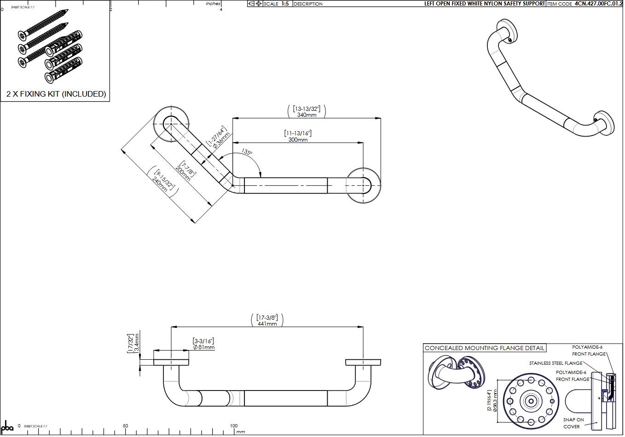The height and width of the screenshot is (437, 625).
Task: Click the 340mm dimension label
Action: click(x=307, y=115)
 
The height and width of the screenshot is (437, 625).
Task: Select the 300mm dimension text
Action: click(x=298, y=139)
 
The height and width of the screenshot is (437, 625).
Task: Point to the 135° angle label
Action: click(x=247, y=152)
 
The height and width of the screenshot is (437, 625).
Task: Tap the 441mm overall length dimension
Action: click(x=267, y=323)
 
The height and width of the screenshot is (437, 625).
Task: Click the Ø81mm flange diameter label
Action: click(x=203, y=347)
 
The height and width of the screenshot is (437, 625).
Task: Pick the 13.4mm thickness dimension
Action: click(x=137, y=343)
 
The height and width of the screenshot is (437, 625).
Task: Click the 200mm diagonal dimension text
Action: click(x=183, y=173)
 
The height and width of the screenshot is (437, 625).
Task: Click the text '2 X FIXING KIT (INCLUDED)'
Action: click(x=56, y=94)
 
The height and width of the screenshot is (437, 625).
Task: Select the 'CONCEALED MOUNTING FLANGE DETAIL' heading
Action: click(x=484, y=348)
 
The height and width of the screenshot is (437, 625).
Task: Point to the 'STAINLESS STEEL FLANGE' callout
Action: click(x=556, y=363)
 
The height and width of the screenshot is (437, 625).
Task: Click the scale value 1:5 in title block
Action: click(x=285, y=4)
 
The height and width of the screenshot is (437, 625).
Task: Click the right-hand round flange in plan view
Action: click(x=364, y=185)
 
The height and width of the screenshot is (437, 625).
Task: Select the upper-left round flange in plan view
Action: click(x=171, y=124)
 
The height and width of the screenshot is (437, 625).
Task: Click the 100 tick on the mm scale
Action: click(x=234, y=426)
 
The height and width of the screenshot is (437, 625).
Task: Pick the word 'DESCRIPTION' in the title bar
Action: click(x=308, y=4)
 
